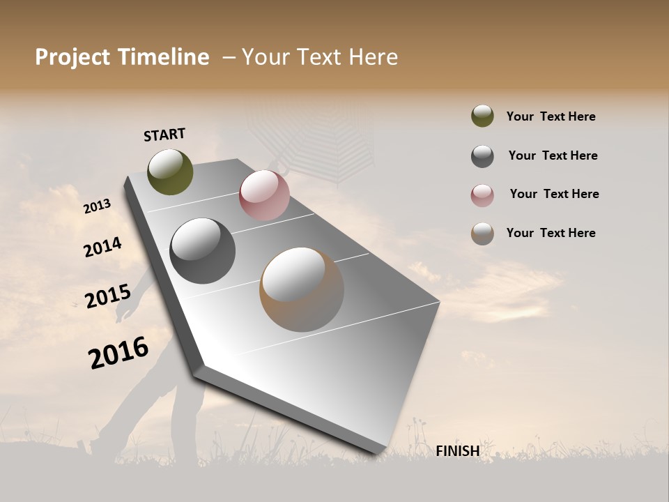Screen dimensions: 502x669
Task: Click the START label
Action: [164, 135]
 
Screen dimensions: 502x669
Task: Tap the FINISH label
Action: [457, 451]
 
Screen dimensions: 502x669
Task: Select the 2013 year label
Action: [98, 206]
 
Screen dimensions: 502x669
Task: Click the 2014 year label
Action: [103, 247]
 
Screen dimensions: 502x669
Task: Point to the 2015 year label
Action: [108, 296]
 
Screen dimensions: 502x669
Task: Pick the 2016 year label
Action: [118, 352]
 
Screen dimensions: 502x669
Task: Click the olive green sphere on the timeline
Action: [171, 172]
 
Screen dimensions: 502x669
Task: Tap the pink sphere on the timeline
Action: [264, 195]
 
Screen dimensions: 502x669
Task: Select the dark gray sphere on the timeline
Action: [202, 251]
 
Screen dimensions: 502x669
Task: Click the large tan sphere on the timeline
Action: [302, 289]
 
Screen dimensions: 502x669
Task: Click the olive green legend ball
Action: [482, 116]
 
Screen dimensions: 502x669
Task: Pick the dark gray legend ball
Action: [482, 156]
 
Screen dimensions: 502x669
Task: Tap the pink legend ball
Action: [482, 195]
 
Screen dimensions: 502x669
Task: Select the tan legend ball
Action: [482, 234]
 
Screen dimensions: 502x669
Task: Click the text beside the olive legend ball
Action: [551, 116]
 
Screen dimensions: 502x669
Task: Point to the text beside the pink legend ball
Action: [554, 194]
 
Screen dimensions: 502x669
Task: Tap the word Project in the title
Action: [73, 57]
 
